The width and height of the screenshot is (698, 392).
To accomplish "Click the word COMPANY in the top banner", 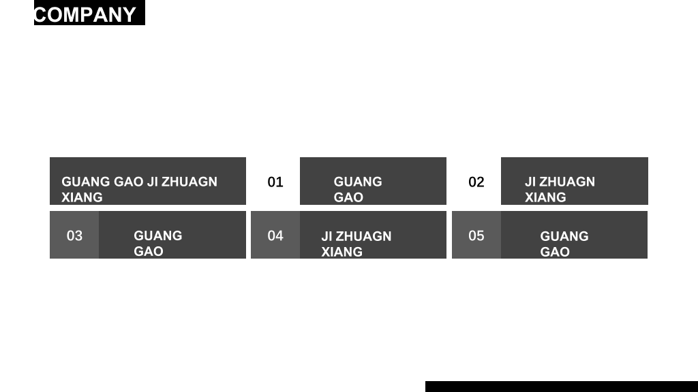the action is pos(85,15).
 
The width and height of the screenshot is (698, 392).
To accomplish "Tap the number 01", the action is pos(275,182).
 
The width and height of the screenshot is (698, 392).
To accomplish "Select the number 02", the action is pos(476,182).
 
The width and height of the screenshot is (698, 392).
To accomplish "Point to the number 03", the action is pos(74,235).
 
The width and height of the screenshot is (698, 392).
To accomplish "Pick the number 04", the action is pos(275,235).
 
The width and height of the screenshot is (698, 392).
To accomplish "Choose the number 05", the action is pos(476,235).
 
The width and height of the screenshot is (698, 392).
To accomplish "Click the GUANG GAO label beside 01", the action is pos(358,189).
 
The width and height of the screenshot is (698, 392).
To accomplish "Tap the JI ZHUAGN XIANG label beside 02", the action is pos(560,189).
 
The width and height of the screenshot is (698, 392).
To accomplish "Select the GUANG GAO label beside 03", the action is pos(158,243).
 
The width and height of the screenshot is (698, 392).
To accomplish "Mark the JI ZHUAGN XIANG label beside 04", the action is pos(356,244).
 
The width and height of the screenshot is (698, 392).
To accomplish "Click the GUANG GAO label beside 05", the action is pos(564,244).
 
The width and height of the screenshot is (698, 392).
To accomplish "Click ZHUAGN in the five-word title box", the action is pos(189,182).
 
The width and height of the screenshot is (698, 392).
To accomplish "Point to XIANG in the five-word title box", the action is pos(82,197).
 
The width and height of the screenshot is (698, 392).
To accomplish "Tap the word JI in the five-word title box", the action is pos(153,182).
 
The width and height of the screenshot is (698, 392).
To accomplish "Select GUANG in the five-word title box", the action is pos(86,182).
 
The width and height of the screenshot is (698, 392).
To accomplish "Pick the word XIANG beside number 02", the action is pos(545,197).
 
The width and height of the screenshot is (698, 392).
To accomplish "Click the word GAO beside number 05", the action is pos(555,252).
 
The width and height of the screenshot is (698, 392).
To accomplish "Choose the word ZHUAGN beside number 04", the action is pos(363,236).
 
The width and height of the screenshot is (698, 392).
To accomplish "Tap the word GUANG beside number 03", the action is pos(158,235).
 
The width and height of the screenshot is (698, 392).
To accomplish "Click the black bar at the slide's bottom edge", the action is pos(562,387).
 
